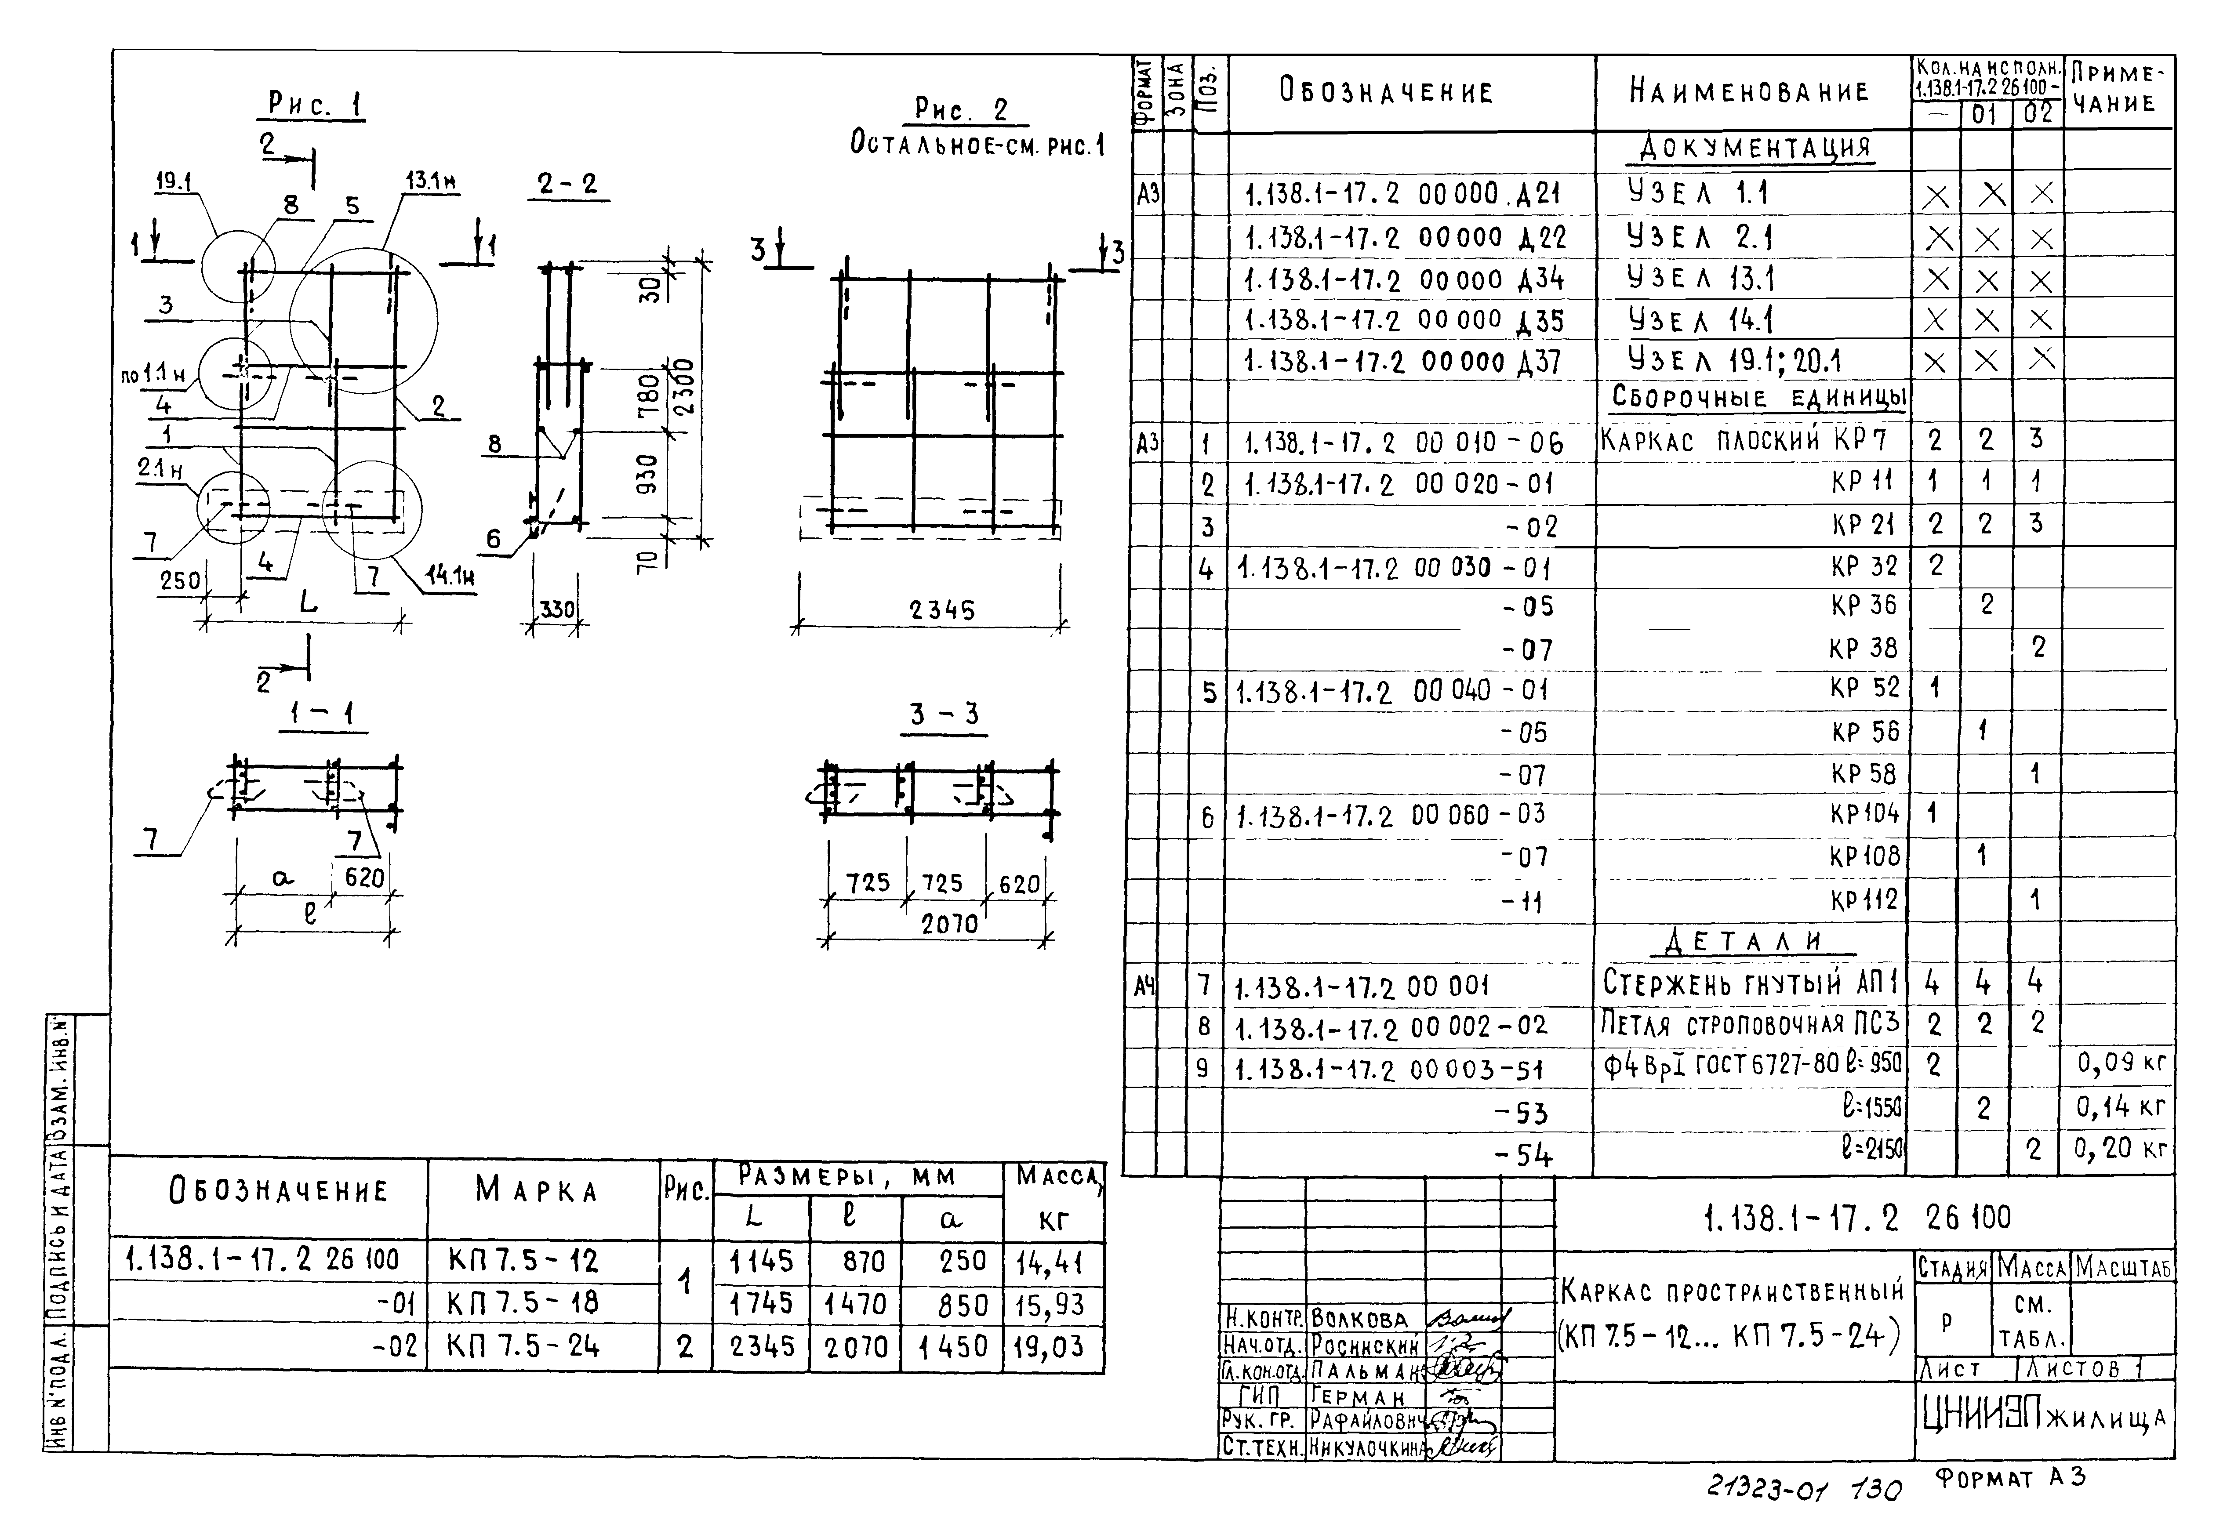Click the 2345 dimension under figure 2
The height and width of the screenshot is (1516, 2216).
pos(942,609)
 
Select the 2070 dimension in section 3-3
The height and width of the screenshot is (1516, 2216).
pos(949,923)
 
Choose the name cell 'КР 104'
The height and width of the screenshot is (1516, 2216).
pos(1864,813)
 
